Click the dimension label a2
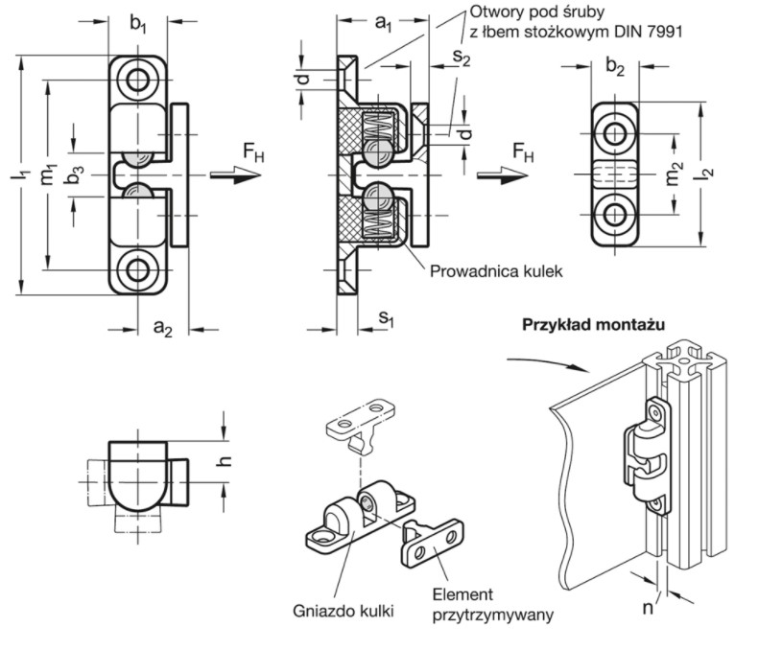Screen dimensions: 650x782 coord(163,329)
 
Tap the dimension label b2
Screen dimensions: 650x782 coord(617,69)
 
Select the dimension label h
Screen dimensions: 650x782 coord(226,459)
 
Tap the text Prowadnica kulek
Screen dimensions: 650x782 coord(496,271)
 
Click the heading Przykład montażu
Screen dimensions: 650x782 coord(594,324)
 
